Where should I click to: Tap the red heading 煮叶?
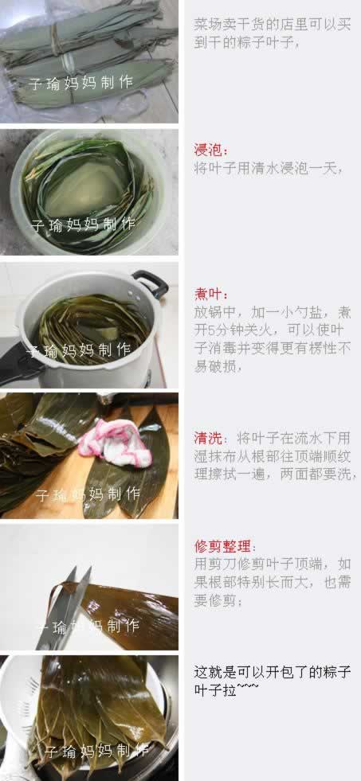pos(210,295)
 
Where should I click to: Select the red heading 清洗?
pos(207,439)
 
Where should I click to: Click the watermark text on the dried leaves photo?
pos(80,83)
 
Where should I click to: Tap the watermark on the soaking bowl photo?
pos(83,225)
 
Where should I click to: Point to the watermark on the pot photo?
pos(79,350)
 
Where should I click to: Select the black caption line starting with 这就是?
pos(273,673)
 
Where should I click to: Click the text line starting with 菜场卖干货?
pos(273,25)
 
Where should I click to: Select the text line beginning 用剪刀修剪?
pos(273,564)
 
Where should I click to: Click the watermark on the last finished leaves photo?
pos(96,751)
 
